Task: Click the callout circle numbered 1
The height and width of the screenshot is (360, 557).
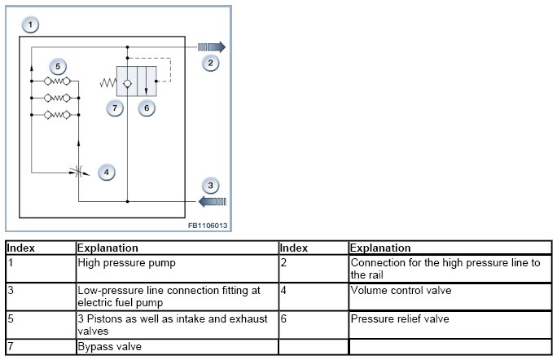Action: click(30, 25)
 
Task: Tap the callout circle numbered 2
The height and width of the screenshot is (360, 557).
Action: click(210, 63)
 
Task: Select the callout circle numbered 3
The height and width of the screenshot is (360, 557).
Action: click(210, 186)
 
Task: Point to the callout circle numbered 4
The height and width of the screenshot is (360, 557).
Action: click(106, 172)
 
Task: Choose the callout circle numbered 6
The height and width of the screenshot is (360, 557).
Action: click(146, 107)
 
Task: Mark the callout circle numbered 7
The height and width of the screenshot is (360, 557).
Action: click(116, 107)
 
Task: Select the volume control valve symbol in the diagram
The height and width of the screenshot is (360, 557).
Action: click(78, 172)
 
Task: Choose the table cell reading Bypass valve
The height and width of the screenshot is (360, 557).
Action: click(176, 347)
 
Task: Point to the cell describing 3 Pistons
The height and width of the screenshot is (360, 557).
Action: click(176, 325)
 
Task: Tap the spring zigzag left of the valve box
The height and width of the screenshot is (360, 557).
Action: click(107, 82)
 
